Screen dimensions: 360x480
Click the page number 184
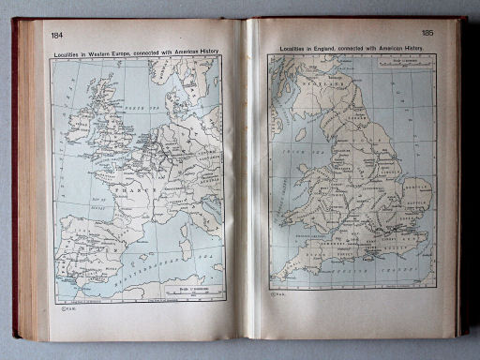(58, 37)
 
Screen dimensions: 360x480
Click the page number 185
(427, 33)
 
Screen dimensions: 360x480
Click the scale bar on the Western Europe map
(193, 290)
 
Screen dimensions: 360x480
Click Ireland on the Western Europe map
(79, 117)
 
